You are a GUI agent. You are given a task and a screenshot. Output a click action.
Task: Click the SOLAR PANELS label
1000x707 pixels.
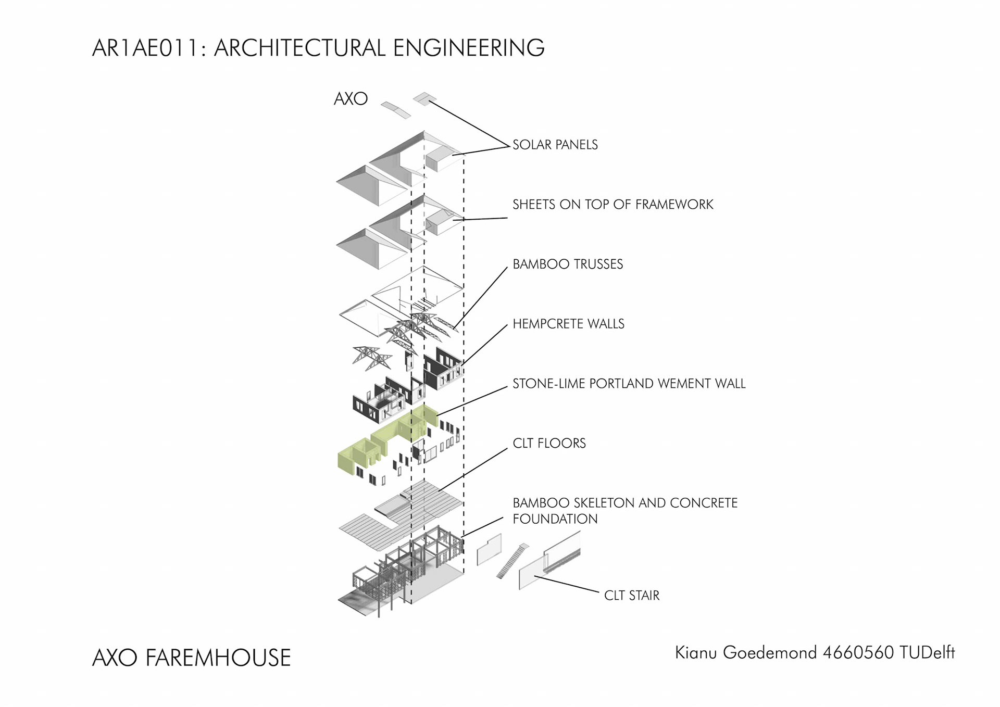tap(555, 145)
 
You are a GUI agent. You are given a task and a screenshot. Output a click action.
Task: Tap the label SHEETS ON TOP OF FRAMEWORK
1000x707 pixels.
tap(612, 205)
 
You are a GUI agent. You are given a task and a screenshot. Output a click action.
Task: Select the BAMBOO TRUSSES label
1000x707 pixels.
tap(568, 264)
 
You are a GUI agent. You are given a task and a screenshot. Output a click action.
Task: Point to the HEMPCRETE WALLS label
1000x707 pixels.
tap(568, 324)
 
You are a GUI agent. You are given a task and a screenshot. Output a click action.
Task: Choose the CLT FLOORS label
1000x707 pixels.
tap(549, 444)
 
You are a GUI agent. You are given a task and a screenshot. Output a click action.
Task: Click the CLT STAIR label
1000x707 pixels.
tap(631, 596)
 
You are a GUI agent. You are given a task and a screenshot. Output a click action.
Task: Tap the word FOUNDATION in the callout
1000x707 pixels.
tap(555, 519)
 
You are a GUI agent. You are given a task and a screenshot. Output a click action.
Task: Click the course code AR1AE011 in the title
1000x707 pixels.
tap(144, 48)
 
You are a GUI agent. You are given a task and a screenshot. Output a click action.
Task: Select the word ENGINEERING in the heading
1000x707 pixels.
tap(468, 48)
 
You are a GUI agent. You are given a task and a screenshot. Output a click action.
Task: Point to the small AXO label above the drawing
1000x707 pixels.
tap(351, 99)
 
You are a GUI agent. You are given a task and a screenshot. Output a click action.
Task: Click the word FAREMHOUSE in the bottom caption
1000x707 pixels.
tap(218, 658)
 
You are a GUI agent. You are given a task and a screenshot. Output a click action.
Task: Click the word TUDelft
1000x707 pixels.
tap(927, 653)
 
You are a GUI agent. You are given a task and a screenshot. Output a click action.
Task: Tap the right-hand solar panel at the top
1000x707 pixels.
tap(424, 98)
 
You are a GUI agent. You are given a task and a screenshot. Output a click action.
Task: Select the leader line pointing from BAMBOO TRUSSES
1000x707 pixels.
tap(482, 297)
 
